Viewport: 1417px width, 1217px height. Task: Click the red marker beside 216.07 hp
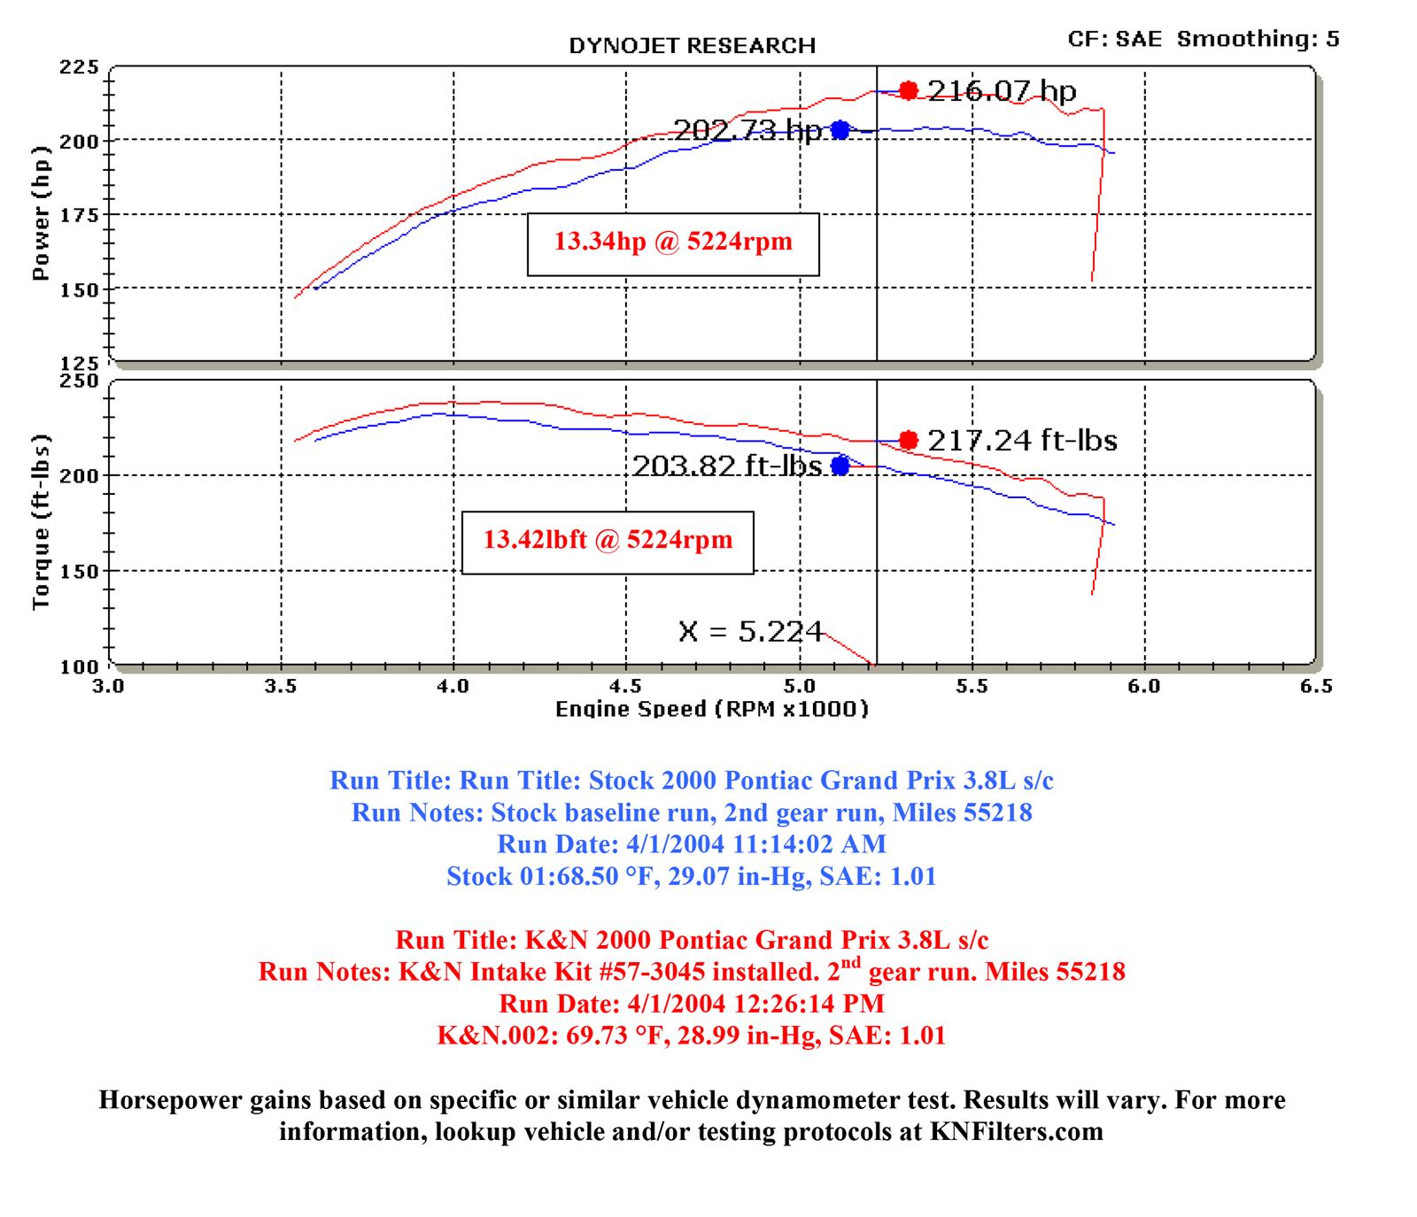pos(908,90)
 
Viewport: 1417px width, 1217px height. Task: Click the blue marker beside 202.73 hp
pos(840,130)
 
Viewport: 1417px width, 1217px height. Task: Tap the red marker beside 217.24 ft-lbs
pos(908,440)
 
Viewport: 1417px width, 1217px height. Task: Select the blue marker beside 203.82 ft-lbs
pos(840,466)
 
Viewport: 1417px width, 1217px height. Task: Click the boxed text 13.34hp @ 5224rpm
pos(673,242)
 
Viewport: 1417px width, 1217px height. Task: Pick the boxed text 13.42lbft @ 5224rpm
pos(608,540)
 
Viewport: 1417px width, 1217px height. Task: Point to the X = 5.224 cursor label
pos(750,631)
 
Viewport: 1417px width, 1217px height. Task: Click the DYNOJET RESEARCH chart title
pos(692,46)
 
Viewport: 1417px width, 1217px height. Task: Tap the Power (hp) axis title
pos(41,213)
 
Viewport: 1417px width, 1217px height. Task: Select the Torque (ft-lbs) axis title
pos(41,522)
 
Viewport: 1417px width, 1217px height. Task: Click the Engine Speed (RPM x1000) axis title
pos(712,709)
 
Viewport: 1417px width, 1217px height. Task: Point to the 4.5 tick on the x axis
pos(626,687)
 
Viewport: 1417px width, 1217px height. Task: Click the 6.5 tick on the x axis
pos(1316,687)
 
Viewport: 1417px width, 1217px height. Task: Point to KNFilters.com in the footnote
pos(1016,1132)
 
